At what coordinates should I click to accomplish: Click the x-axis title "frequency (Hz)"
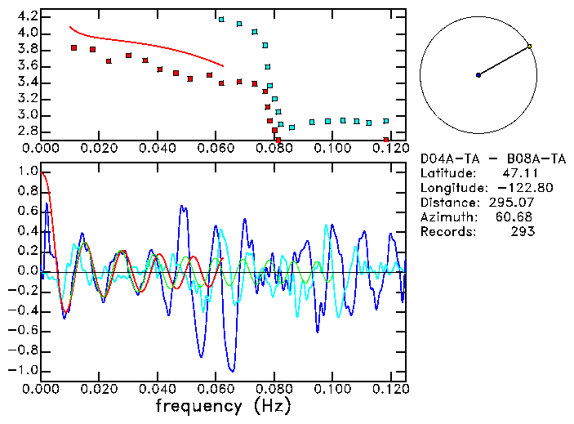pyautogui.click(x=223, y=406)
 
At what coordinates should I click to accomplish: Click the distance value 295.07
pyautogui.click(x=514, y=202)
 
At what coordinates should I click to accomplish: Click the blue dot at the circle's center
pyautogui.click(x=478, y=75)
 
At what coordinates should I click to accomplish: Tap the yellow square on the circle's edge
pyautogui.click(x=529, y=47)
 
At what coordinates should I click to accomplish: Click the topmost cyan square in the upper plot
pyautogui.click(x=221, y=19)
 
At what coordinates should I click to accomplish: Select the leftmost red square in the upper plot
pyautogui.click(x=74, y=47)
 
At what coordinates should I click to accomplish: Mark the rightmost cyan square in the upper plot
pyautogui.click(x=386, y=121)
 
